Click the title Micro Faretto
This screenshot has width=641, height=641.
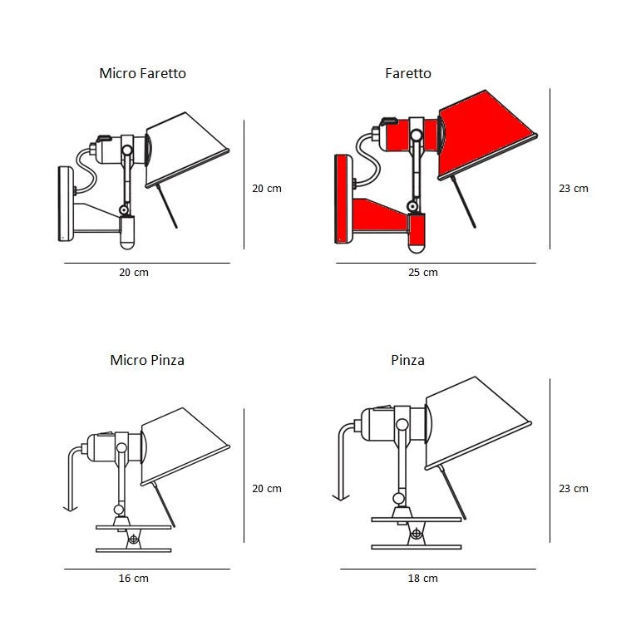pos(142,73)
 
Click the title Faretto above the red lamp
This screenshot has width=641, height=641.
pos(408,73)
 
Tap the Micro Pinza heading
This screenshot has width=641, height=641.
pos(147,360)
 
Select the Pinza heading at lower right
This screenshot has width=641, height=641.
pos(407,360)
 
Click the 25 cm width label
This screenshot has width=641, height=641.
pos(423,273)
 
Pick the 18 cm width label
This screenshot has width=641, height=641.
pos(423,579)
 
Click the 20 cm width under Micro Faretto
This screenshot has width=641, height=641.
pos(134,273)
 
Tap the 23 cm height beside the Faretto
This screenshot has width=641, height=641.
pos(573,189)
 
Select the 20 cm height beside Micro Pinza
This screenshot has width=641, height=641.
pos(267,489)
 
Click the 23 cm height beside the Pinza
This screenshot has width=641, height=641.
pos(573,489)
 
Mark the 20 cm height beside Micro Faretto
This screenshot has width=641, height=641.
pos(267,189)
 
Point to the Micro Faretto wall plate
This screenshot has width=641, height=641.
pos(64,204)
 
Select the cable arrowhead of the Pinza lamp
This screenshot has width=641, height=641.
pos(341,496)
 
